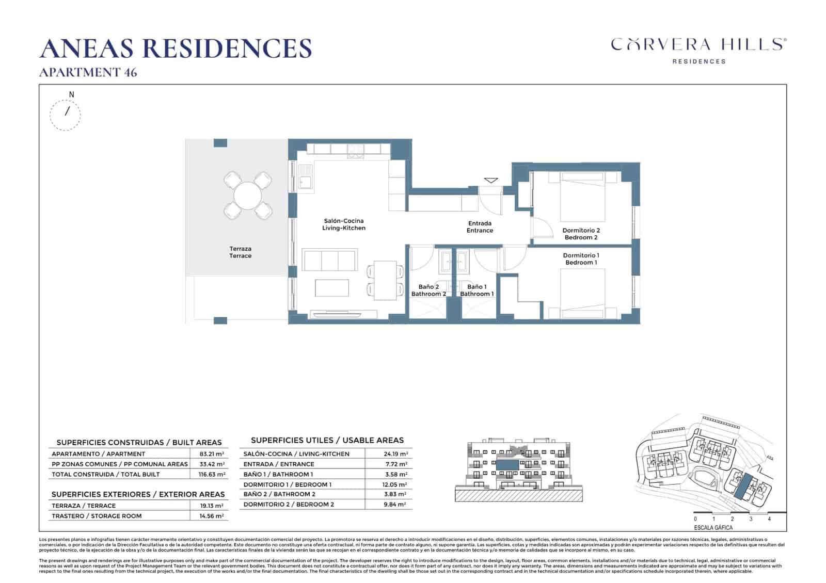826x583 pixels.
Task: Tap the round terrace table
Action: (x=248, y=195)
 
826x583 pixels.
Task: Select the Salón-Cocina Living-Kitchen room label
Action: (x=343, y=224)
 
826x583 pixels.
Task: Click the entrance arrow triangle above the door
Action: (x=490, y=180)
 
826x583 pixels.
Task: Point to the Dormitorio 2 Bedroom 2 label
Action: (x=581, y=234)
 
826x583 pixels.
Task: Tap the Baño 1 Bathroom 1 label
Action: (x=476, y=290)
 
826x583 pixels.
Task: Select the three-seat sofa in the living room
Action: (x=329, y=260)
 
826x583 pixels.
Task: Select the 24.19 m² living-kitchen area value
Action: (x=395, y=454)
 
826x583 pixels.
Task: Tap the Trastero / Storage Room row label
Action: (x=97, y=516)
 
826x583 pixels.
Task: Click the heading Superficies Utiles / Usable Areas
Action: (x=327, y=440)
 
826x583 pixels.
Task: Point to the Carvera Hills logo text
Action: (x=698, y=44)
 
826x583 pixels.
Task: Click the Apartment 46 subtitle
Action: (x=88, y=72)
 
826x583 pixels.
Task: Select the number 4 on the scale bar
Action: (x=769, y=519)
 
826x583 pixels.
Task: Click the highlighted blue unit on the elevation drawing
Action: (x=507, y=465)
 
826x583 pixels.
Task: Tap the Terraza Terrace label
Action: (x=241, y=252)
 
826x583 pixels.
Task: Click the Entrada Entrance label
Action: (x=480, y=227)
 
